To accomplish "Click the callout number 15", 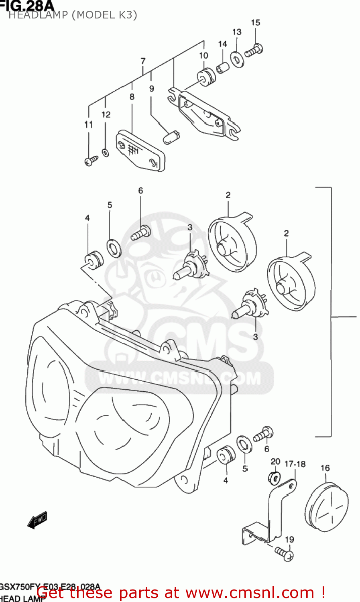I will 256,23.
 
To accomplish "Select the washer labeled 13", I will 237,59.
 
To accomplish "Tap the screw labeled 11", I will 91,161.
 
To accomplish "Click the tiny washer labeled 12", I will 106,153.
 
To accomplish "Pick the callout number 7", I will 143,61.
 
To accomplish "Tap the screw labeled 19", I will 285,554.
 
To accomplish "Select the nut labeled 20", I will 274,478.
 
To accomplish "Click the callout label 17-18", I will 295,464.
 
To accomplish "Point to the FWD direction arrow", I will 37,520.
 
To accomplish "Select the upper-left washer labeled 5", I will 114,248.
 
